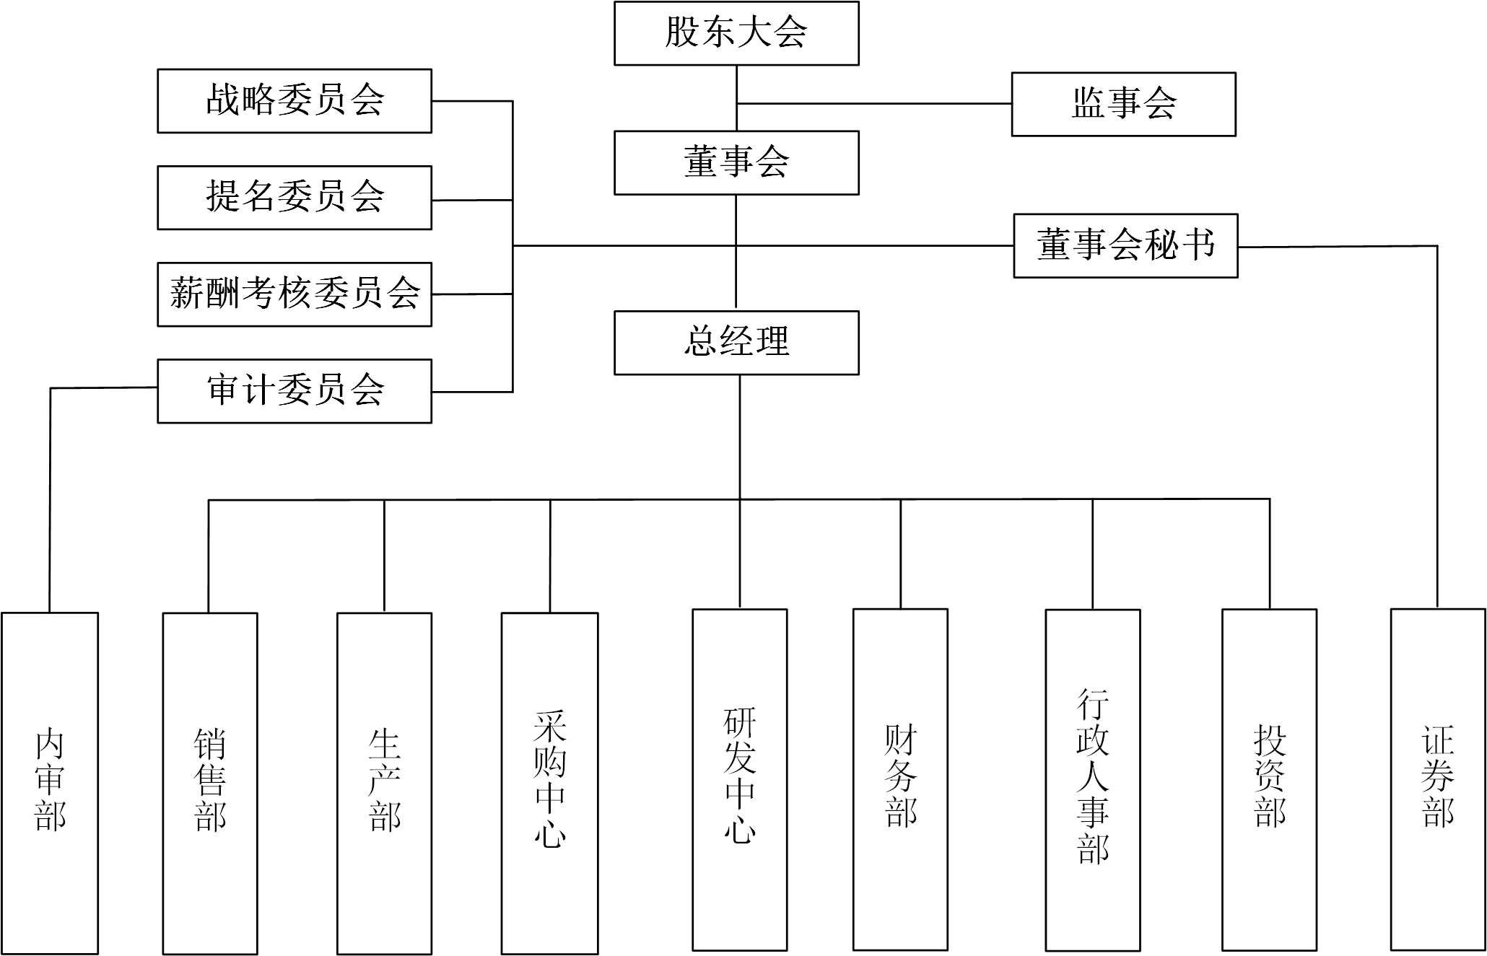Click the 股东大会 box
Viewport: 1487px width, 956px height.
[x=736, y=33]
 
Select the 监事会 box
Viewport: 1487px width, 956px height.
[x=1123, y=104]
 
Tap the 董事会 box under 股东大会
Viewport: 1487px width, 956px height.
[x=736, y=162]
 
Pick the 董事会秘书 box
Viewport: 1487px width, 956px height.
[x=1125, y=245]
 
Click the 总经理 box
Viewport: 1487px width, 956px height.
[x=736, y=343]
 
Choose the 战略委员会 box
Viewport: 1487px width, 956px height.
[x=295, y=101]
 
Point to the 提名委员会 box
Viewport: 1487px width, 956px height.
[x=295, y=198]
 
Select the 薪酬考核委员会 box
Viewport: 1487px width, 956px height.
[x=295, y=294]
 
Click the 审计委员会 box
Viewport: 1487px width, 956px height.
[x=295, y=391]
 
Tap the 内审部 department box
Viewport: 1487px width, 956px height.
[x=50, y=783]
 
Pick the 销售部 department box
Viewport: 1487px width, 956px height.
[x=210, y=783]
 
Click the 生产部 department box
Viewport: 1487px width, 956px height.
[x=385, y=783]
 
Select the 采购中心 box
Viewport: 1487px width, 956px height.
[x=550, y=783]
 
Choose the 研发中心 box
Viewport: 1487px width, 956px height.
[x=740, y=779]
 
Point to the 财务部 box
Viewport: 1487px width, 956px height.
[x=900, y=779]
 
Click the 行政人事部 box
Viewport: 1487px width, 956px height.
[x=1093, y=779]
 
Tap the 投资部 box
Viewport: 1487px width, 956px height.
[x=1269, y=779]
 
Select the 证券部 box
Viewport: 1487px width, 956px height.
[x=1438, y=779]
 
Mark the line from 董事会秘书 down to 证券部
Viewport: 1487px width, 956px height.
[x=1436, y=433]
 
